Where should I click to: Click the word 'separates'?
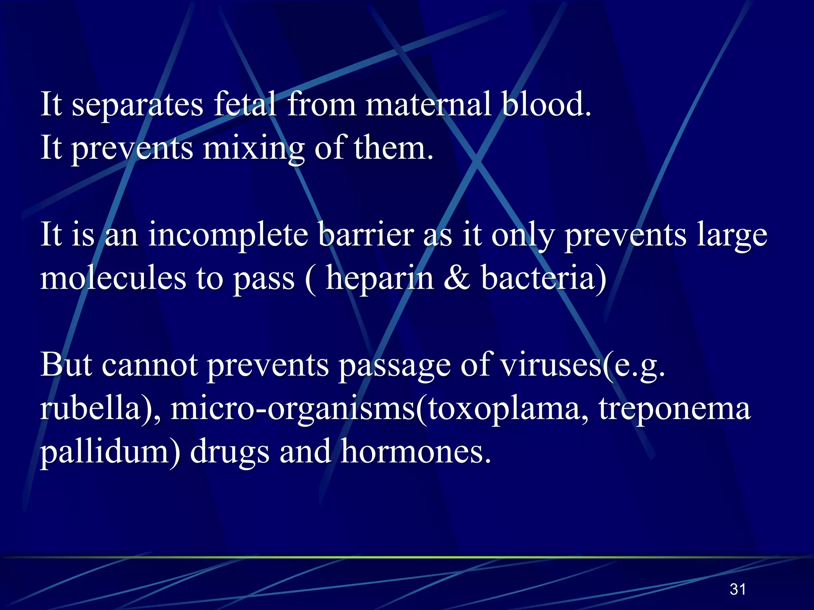coord(137,105)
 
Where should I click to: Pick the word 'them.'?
coord(393,148)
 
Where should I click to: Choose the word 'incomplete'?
coord(228,235)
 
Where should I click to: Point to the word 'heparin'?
coord(380,279)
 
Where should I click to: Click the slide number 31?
coord(738,589)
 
